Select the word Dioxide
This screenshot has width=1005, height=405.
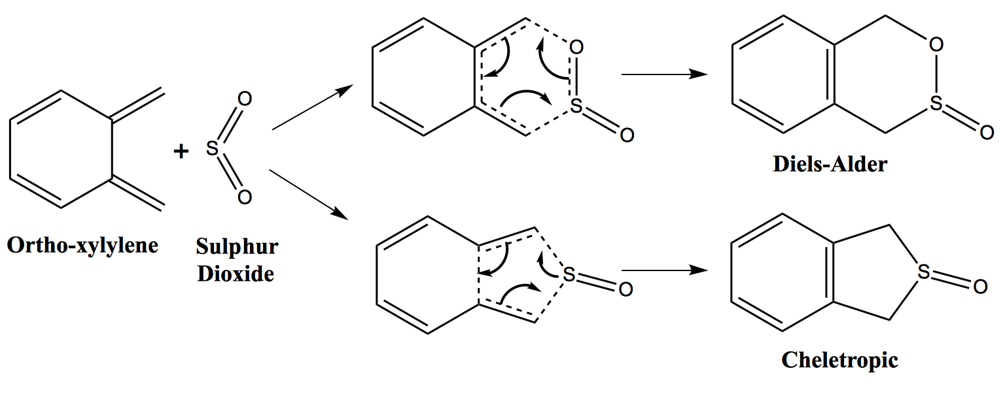click(x=236, y=274)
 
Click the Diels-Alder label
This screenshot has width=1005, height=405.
click(x=830, y=164)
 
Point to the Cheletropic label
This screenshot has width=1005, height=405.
click(x=840, y=360)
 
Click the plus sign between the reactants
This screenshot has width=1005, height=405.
click(x=181, y=152)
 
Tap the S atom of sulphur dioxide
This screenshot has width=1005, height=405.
click(x=212, y=148)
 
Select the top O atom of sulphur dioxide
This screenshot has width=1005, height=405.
click(x=245, y=99)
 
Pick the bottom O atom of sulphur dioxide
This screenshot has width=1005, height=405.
click(x=245, y=197)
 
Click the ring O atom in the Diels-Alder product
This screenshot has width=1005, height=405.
click(x=936, y=45)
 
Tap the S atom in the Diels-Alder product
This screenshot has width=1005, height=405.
click(x=936, y=103)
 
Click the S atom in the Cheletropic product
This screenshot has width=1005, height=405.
click(x=924, y=272)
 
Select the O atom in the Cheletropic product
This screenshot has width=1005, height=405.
click(x=980, y=287)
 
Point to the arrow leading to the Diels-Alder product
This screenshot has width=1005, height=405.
click(x=665, y=74)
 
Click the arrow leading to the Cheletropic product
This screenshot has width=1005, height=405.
click(x=665, y=270)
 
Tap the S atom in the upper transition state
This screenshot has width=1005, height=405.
click(x=576, y=106)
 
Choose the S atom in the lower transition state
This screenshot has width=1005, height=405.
click(x=569, y=274)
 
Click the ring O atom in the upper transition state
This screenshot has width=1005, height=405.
click(x=576, y=47)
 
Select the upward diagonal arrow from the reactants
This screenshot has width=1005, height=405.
click(x=313, y=107)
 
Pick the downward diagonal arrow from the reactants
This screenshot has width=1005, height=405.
click(x=309, y=195)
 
